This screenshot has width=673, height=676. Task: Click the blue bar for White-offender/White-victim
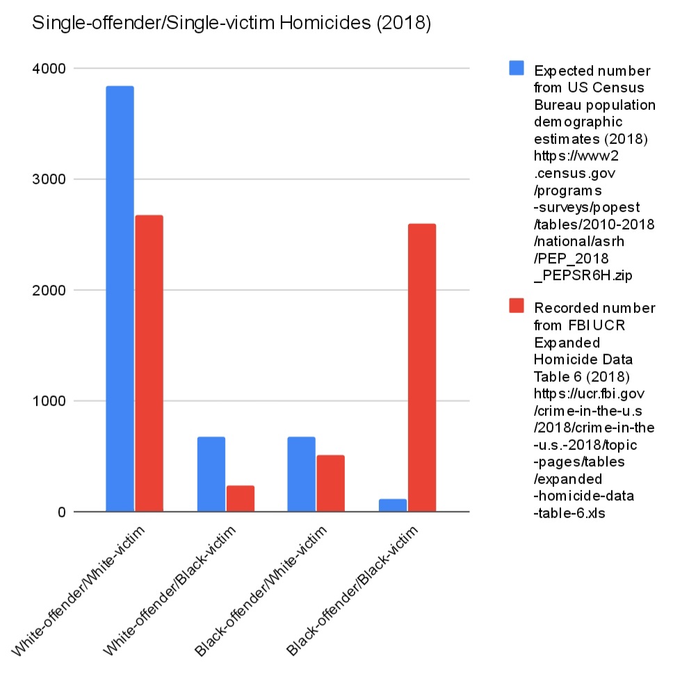point(120,299)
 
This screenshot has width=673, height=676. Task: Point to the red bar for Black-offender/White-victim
point(330,483)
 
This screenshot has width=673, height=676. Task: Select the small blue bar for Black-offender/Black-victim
point(393,506)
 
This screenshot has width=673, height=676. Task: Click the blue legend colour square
point(517,67)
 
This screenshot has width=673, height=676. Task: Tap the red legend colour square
point(517,305)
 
